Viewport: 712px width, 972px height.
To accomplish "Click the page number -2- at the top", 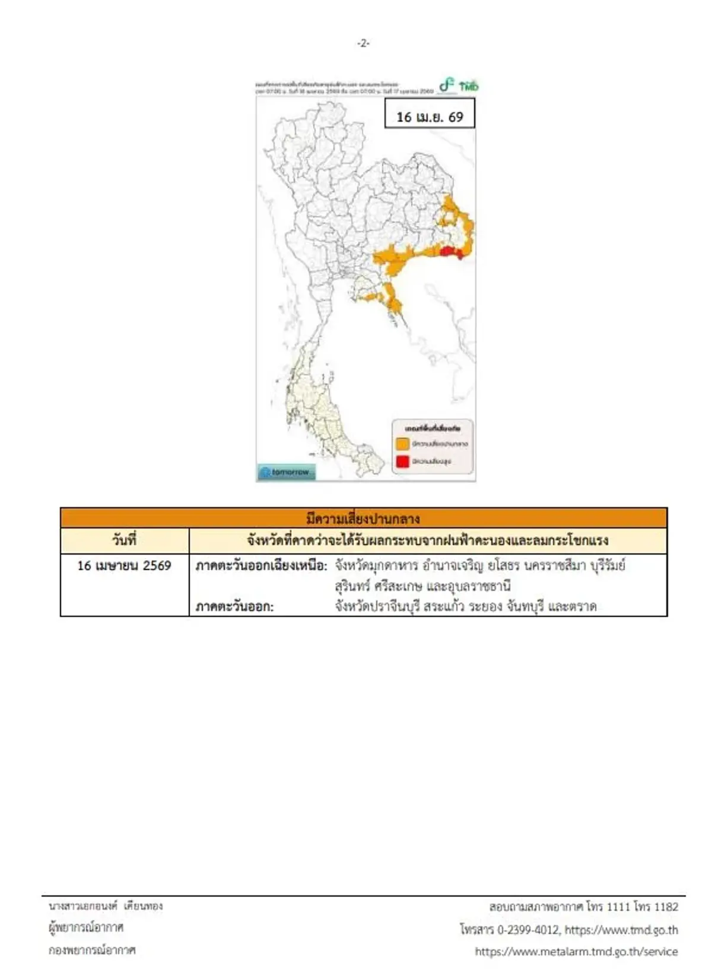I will pyautogui.click(x=363, y=43).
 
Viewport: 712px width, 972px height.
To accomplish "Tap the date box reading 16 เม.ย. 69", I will pyautogui.click(x=430, y=116).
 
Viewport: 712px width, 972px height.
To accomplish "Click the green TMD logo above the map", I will pyautogui.click(x=459, y=86).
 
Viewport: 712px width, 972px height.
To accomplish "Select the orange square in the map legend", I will pyautogui.click(x=402, y=444).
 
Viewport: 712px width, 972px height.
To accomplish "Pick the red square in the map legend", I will pyautogui.click(x=402, y=461).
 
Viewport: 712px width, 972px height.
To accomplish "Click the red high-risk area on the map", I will pyautogui.click(x=450, y=252).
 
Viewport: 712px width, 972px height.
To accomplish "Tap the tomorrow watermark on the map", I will pyautogui.click(x=287, y=472).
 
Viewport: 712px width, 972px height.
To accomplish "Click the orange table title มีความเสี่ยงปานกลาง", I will pyautogui.click(x=363, y=518).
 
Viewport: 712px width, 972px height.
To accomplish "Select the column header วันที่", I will pyautogui.click(x=125, y=540).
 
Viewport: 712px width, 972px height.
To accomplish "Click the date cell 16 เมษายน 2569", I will pyautogui.click(x=125, y=565).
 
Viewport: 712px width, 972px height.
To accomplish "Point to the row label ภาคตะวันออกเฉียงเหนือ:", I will pyautogui.click(x=262, y=565).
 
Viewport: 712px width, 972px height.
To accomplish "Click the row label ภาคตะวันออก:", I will pyautogui.click(x=235, y=606).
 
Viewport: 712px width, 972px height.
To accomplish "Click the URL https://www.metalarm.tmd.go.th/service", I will pyautogui.click(x=576, y=951).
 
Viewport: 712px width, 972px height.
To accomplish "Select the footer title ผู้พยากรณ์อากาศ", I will pyautogui.click(x=87, y=927).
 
